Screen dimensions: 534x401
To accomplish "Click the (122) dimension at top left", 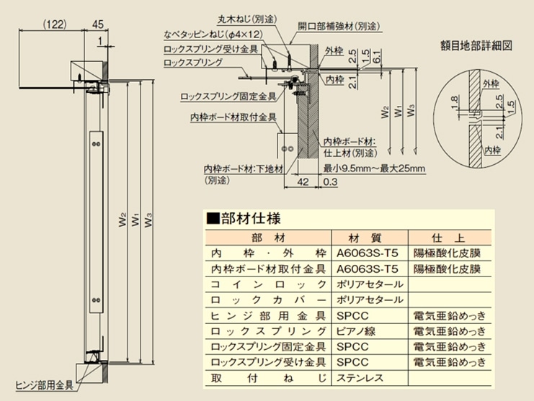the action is click(x=55, y=24).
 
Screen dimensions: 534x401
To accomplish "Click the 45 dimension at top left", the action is click(x=97, y=24).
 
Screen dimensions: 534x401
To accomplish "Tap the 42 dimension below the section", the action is click(x=303, y=182).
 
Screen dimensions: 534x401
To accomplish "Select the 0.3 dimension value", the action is click(x=330, y=182).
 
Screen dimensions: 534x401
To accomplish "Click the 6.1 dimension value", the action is click(x=376, y=55).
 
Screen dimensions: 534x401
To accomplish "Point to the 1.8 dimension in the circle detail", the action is click(x=453, y=102).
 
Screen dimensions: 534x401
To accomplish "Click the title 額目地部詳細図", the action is click(x=476, y=45).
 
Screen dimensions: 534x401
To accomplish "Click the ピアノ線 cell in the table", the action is click(x=356, y=331).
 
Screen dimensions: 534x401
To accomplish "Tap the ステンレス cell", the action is click(x=360, y=377).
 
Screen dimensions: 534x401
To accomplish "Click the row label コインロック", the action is click(x=268, y=284).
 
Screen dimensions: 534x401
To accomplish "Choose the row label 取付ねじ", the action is click(x=268, y=377).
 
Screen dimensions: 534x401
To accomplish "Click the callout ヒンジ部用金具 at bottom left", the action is click(x=44, y=385).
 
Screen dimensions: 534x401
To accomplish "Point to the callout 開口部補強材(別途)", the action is click(x=339, y=26).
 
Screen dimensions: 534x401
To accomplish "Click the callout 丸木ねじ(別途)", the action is click(x=247, y=19).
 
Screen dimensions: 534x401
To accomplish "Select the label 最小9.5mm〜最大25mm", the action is click(x=374, y=168).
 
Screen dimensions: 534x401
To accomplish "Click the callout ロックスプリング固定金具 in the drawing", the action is click(x=228, y=96).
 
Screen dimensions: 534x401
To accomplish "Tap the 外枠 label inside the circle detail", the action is click(x=491, y=84).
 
